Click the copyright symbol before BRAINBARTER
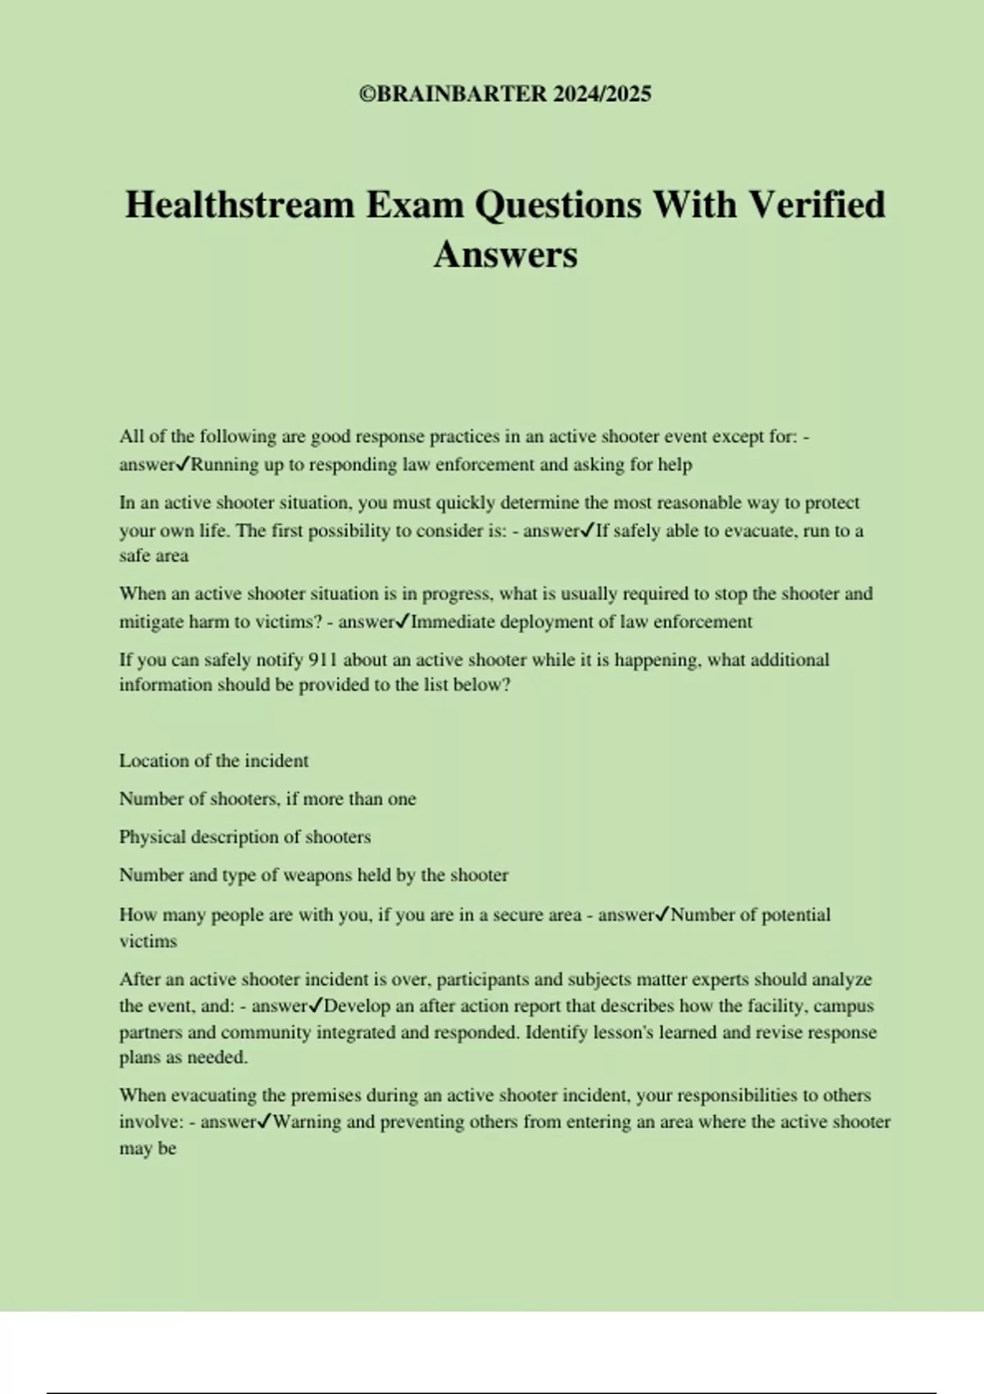click(367, 94)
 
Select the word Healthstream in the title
click(239, 205)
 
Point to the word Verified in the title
click(818, 205)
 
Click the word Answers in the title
click(505, 254)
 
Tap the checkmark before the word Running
click(184, 464)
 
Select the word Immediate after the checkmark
click(453, 622)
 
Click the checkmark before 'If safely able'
click(587, 531)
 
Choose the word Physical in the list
click(153, 837)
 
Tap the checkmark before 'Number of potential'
click(663, 914)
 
